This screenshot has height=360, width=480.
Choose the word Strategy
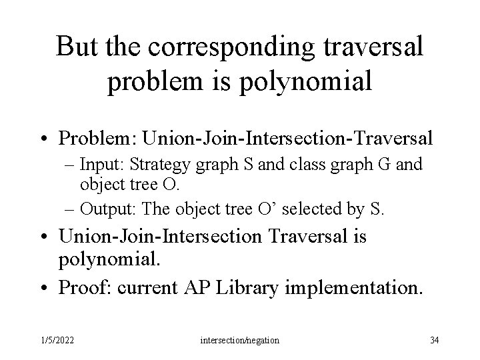click(155, 165)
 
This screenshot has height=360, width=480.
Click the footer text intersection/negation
click(240, 340)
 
